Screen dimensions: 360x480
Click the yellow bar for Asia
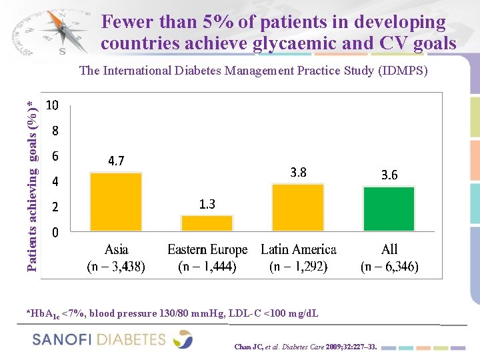[x=116, y=201]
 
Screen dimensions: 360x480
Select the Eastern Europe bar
[x=207, y=223]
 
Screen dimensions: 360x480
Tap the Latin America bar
[x=298, y=207]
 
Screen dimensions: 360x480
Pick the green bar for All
[x=389, y=209]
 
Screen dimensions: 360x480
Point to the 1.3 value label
[x=207, y=205]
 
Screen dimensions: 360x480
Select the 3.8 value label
[x=299, y=173]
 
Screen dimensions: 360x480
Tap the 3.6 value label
[x=389, y=175]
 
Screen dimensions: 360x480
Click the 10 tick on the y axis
[x=53, y=105]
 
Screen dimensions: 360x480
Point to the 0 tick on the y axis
[x=55, y=233]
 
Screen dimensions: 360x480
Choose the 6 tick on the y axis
[x=55, y=156]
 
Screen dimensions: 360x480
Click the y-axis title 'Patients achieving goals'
[x=31, y=183]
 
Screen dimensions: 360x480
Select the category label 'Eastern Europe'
[x=207, y=250]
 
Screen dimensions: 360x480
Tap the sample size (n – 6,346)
[x=389, y=267]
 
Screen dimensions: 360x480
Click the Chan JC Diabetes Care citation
[x=305, y=347]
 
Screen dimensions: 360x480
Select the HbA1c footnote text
[x=172, y=313]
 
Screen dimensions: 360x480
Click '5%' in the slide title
[x=210, y=22]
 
